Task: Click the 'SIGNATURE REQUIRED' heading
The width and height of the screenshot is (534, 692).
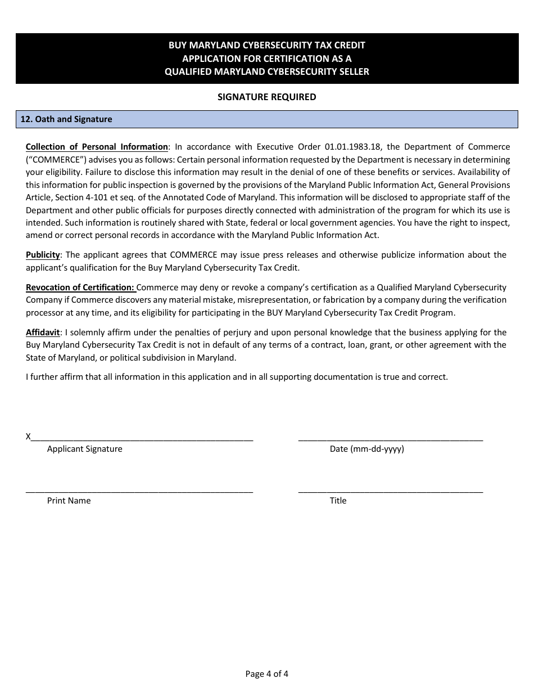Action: (x=266, y=97)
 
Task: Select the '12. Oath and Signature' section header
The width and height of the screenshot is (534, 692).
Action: (x=66, y=119)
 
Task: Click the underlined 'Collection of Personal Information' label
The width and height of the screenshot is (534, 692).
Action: (x=97, y=147)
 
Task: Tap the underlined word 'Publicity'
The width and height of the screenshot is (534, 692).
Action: (x=43, y=255)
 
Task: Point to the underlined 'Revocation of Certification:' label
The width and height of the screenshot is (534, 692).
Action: (x=80, y=287)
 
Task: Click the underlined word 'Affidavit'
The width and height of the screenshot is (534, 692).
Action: (x=43, y=332)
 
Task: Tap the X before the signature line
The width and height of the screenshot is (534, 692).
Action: (x=29, y=437)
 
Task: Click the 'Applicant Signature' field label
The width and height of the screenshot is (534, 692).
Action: (x=84, y=449)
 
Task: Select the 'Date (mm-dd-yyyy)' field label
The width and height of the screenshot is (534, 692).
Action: (x=366, y=449)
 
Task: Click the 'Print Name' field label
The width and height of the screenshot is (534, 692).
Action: (x=69, y=501)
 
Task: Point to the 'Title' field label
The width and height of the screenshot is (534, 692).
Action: (x=338, y=501)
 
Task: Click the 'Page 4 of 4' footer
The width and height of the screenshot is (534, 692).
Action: (x=266, y=673)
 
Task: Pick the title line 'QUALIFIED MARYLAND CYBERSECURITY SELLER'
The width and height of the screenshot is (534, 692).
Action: (x=266, y=71)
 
